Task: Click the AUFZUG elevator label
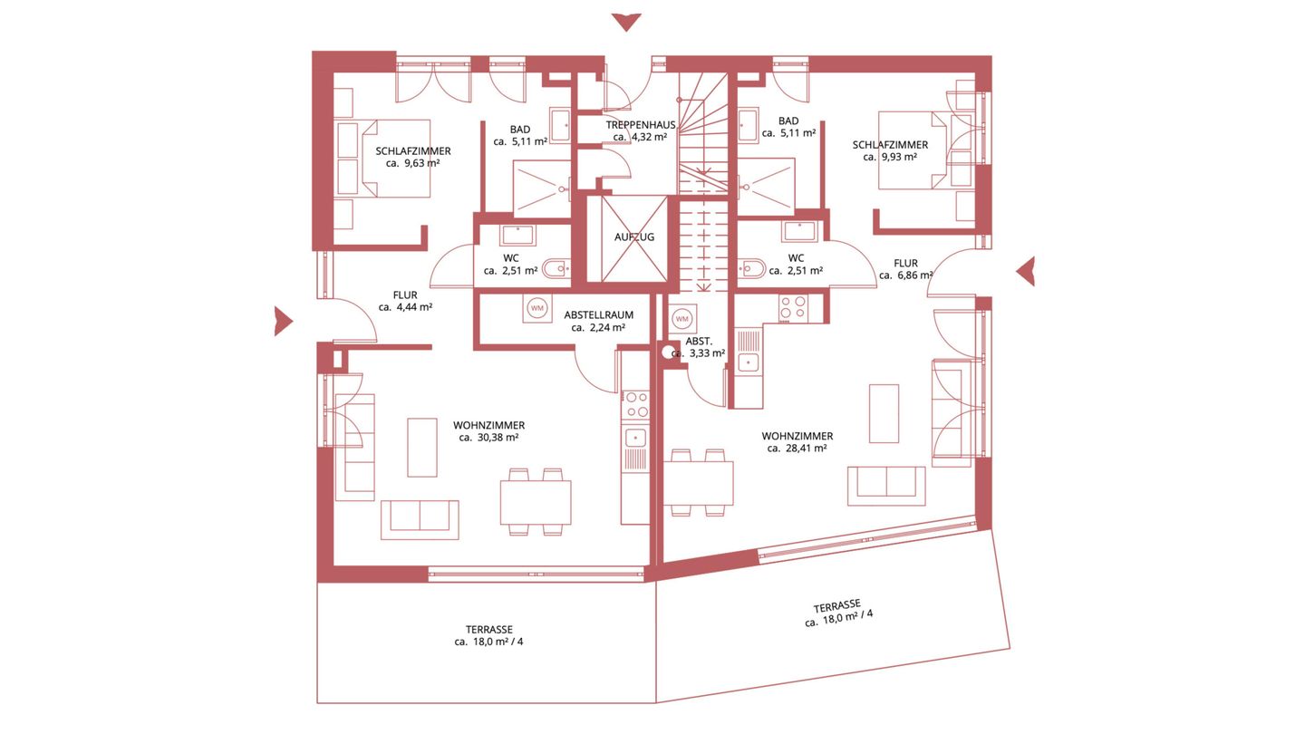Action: tap(633, 237)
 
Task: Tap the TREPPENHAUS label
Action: tap(640, 125)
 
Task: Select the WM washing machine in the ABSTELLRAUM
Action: tap(537, 307)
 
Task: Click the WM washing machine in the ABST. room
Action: tap(681, 319)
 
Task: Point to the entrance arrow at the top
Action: tap(626, 22)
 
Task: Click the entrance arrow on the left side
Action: tap(283, 321)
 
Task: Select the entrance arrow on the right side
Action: tap(1026, 271)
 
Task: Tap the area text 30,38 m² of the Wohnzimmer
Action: tap(498, 438)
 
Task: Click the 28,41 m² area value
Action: tap(806, 448)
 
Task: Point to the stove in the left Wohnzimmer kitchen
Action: tap(635, 405)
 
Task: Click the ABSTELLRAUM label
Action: tap(598, 314)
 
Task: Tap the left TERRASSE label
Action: tap(488, 630)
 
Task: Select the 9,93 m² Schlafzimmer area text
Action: tap(899, 157)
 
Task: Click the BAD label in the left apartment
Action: tap(519, 130)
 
